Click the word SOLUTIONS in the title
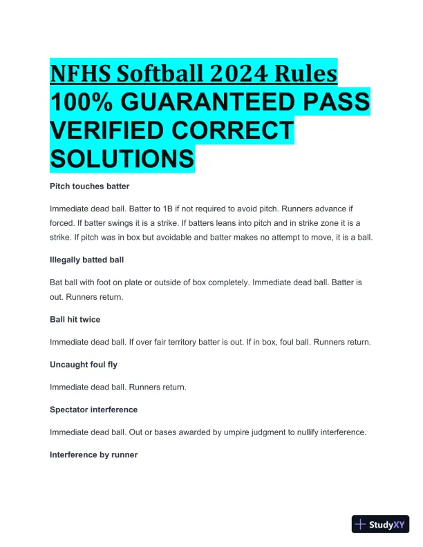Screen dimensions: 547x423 (x=122, y=159)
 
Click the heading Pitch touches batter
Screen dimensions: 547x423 (x=89, y=186)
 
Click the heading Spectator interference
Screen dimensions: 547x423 (x=93, y=410)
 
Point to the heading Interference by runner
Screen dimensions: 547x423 (x=93, y=454)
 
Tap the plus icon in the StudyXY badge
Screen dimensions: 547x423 (x=361, y=525)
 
